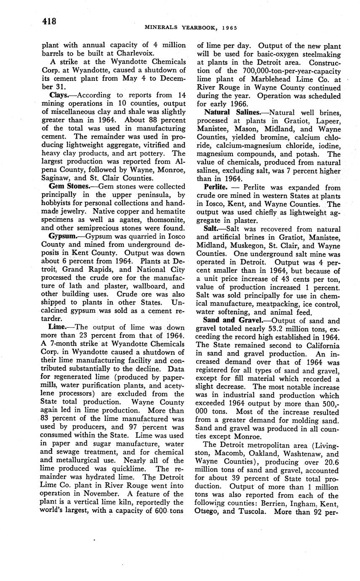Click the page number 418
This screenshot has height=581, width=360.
(x=49, y=21)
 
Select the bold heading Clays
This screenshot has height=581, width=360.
(x=58, y=96)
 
